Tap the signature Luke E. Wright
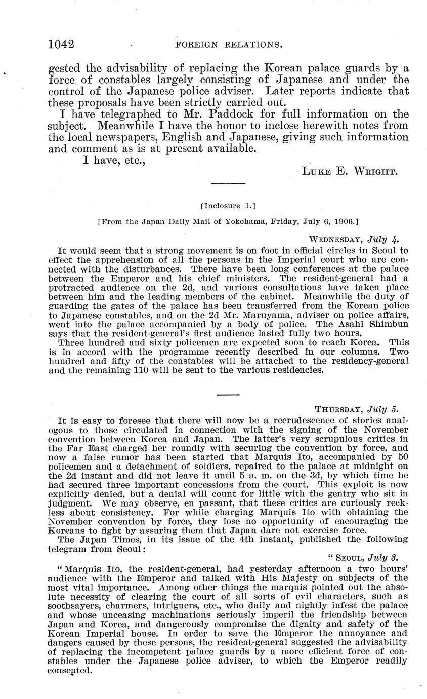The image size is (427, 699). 350,171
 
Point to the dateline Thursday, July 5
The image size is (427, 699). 360,409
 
